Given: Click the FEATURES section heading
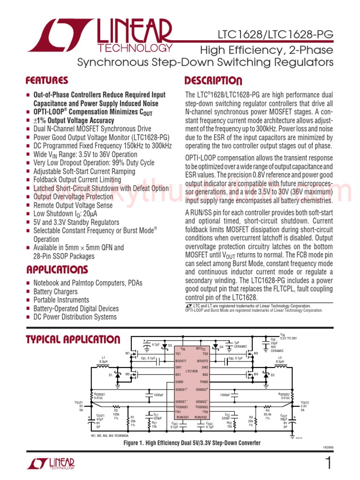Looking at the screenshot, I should [x=47, y=80].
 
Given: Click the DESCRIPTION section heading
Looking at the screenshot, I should [x=213, y=80].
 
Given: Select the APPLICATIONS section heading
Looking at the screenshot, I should [x=57, y=270].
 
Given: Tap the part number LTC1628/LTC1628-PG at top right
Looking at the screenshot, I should [x=275, y=35].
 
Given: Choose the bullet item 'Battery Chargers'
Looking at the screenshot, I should [x=55, y=292].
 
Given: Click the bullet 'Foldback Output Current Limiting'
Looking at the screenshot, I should [x=77, y=180].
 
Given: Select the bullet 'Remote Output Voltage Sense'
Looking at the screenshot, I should [x=73, y=205].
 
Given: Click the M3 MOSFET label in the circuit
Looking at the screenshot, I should [x=256, y=353].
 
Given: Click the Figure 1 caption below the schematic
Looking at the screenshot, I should [x=192, y=443].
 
